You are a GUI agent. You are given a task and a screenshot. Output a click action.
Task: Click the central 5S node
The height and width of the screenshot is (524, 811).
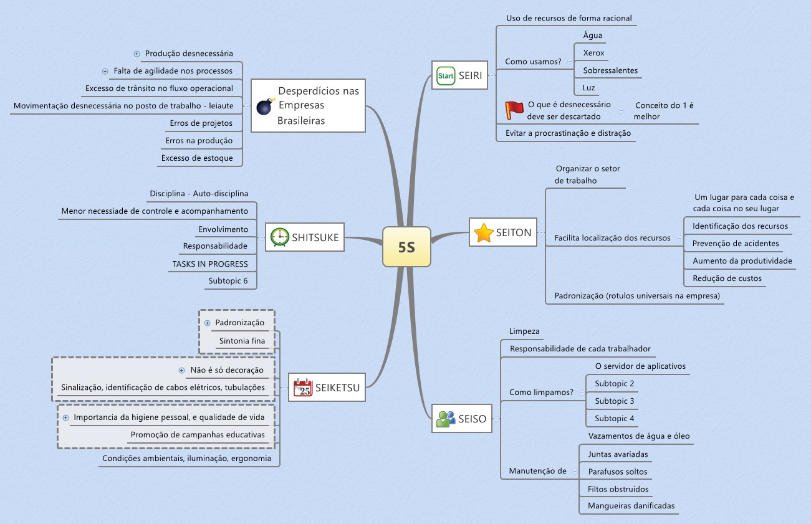coord(406,247)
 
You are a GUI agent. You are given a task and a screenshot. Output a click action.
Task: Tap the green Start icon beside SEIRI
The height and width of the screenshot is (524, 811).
coord(446,76)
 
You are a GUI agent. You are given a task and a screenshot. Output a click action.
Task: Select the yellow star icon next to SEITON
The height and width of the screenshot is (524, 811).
coord(483,233)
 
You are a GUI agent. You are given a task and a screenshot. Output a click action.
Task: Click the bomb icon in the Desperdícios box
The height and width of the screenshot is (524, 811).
coord(265,107)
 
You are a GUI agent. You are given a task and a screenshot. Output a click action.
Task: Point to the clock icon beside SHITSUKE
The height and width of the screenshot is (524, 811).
coord(280,237)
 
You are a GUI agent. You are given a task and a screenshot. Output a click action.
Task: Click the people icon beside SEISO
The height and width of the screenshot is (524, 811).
coord(446,419)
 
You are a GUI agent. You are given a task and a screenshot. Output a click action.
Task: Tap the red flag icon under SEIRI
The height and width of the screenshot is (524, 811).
coord(514,110)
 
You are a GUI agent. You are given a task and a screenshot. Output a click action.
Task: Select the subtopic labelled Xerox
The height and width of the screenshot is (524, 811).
coord(593,53)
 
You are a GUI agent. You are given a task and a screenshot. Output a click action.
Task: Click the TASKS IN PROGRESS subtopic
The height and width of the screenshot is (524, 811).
coord(210,264)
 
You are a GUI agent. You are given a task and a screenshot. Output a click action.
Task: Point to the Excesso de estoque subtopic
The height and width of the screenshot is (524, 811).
coord(197,158)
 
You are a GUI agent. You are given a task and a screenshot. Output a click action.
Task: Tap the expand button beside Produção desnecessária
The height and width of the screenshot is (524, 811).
coord(137,54)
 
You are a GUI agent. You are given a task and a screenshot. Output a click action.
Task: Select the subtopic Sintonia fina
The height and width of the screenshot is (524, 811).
coord(242,341)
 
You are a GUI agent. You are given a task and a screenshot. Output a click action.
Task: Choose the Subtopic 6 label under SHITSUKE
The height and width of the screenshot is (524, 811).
coord(228,281)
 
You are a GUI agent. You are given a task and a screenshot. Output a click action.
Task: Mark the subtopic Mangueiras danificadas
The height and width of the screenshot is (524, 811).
coord(631,506)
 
